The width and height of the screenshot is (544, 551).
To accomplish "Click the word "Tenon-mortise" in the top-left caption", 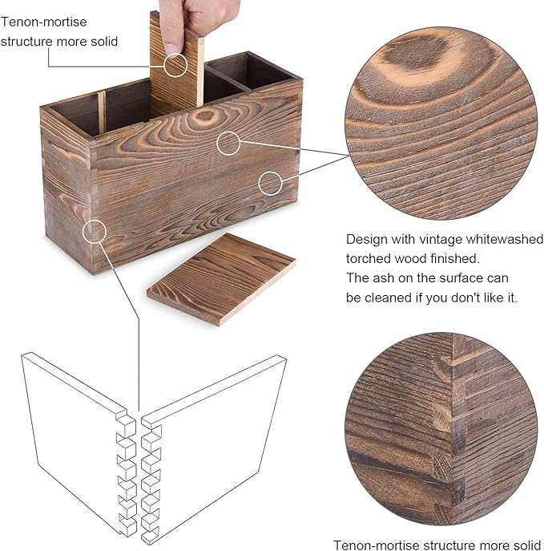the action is pyautogui.click(x=43, y=22).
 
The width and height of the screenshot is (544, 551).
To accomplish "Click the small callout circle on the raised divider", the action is pyautogui.click(x=175, y=65).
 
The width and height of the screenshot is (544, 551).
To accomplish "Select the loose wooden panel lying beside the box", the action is pyautogui.click(x=221, y=279).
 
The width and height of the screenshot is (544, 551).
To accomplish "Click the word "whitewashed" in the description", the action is pyautogui.click(x=504, y=239).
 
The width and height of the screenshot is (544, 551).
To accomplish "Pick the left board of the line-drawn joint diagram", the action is pyautogui.click(x=79, y=443).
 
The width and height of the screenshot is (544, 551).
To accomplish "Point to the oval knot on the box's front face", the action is pyautogui.click(x=204, y=115).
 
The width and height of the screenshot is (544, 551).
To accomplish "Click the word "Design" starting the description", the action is pyautogui.click(x=367, y=240).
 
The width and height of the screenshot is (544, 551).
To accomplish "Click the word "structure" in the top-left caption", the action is pyautogui.click(x=26, y=42).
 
